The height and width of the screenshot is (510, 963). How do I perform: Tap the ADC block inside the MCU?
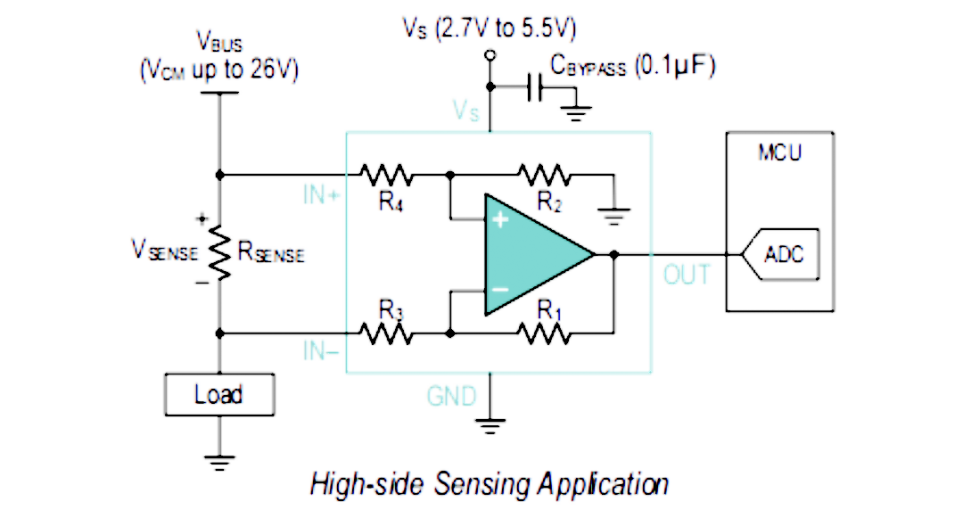[x=780, y=254]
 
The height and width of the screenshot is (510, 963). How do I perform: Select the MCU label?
[x=780, y=152]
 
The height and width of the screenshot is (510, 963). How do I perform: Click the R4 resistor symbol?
[x=386, y=175]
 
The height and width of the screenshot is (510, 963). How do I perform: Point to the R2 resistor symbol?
[x=545, y=175]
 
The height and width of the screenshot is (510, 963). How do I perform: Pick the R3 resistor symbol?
[x=386, y=333]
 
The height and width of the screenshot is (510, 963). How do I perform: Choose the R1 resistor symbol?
[x=545, y=333]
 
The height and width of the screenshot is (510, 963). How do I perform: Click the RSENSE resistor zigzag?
[x=220, y=252]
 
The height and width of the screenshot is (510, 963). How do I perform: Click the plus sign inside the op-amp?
[x=500, y=219]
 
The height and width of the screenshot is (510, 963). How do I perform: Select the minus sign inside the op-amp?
[x=500, y=290]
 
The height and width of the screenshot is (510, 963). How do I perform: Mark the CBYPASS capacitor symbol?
[x=535, y=87]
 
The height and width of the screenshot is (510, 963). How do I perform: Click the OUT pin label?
[x=687, y=275]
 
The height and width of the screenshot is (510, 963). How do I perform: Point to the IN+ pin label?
[x=321, y=194]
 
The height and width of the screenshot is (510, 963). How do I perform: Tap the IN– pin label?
[x=321, y=351]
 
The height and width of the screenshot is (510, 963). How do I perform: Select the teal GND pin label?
[x=451, y=397]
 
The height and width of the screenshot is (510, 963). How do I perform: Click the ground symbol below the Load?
[x=220, y=462]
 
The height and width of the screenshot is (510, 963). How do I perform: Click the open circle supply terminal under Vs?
[x=490, y=55]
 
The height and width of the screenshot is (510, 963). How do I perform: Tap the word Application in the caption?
[x=603, y=484]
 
